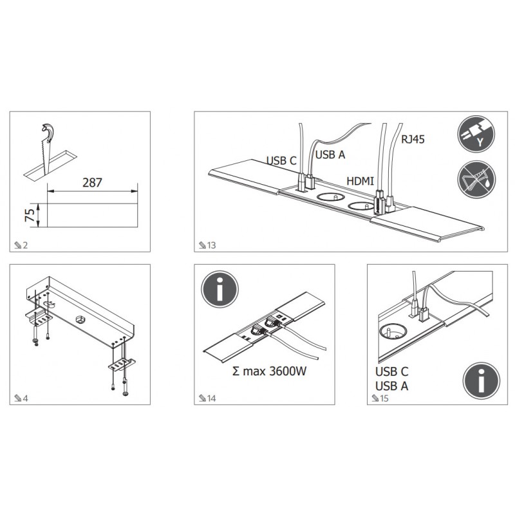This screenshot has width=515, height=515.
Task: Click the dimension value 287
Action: pos(92,182)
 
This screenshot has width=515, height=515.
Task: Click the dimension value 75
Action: pos(30,215)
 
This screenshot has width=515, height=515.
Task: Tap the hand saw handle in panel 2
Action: pos(48,132)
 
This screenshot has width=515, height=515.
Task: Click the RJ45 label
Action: pos(413,139)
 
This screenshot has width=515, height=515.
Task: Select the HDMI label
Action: pos(360,181)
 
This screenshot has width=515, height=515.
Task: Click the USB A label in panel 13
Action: pos(330,154)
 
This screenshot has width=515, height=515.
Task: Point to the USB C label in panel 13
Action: pos(281,160)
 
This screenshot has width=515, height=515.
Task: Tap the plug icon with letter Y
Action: pos(476,134)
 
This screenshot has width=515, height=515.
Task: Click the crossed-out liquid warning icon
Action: pos(476,180)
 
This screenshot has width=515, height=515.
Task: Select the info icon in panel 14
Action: pos(220,289)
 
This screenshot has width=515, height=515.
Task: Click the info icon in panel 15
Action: pos(481,380)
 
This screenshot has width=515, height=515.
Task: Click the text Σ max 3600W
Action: pos(269,371)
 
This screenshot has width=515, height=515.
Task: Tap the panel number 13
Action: pos(212,245)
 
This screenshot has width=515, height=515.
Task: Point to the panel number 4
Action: pos(25,398)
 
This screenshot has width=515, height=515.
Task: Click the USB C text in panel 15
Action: pos(391,371)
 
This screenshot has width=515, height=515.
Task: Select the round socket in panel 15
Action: pos(393,331)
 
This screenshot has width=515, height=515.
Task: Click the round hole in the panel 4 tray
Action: pos(80,319)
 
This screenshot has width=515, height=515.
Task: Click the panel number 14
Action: pos(212,398)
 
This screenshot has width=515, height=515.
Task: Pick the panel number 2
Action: pos(25,245)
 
